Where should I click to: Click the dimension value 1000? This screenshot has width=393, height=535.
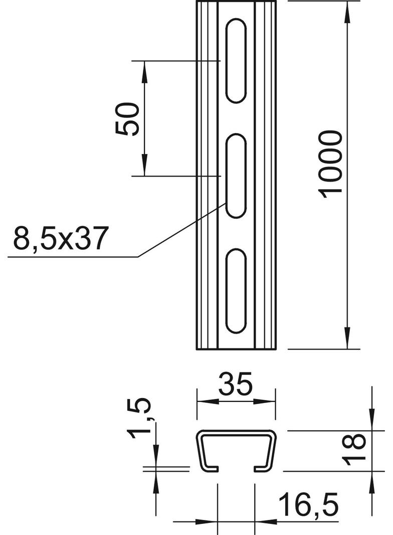331,164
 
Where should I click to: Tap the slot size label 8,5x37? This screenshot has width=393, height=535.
61,238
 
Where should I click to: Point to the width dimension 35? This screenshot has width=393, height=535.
236,385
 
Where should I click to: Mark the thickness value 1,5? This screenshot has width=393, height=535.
140,418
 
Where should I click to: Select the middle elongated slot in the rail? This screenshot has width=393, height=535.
236,176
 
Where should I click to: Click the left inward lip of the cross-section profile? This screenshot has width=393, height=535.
213,469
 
